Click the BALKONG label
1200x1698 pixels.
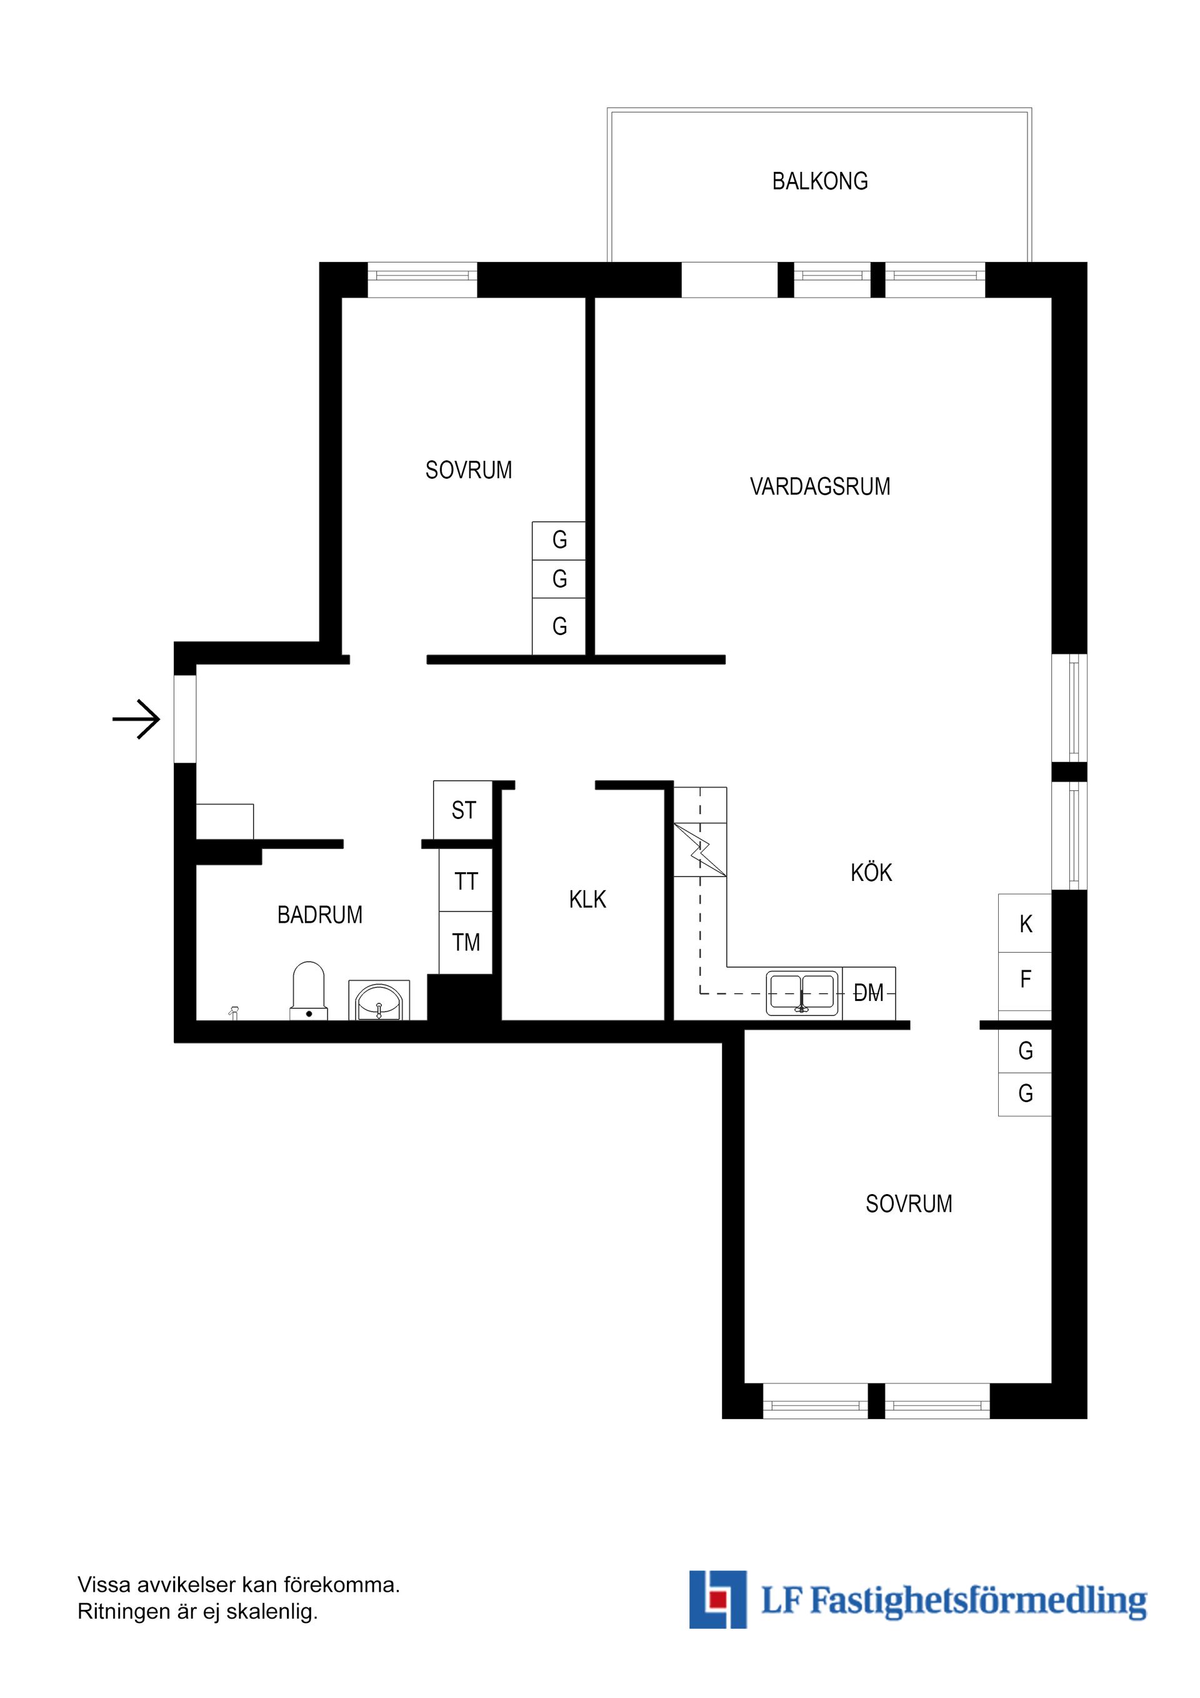click(x=819, y=181)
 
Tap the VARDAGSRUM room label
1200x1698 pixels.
click(x=819, y=486)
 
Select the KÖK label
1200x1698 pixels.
click(x=871, y=873)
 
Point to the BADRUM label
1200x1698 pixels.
click(x=319, y=915)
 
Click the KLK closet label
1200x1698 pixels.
click(x=587, y=899)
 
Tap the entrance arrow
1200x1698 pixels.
click(x=137, y=719)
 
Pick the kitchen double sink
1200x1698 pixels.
click(x=802, y=992)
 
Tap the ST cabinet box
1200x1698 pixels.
click(x=464, y=810)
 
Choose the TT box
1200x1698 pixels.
click(x=466, y=882)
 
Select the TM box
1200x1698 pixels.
click(x=466, y=943)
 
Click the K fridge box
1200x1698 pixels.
click(x=1025, y=923)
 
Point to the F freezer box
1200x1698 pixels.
click(x=1025, y=980)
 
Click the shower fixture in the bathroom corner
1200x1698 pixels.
click(x=234, y=1012)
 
